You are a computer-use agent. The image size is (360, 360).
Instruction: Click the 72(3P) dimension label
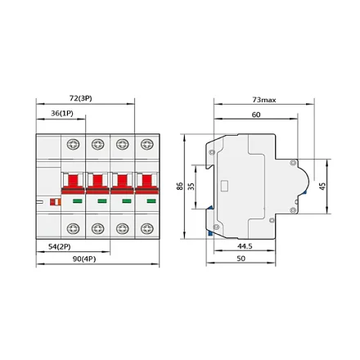80,98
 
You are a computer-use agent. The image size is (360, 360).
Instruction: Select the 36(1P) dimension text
62,113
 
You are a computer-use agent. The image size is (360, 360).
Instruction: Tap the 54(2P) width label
60,247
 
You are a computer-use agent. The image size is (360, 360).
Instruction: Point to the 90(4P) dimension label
84,259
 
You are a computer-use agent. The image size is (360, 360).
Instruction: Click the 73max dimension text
264,100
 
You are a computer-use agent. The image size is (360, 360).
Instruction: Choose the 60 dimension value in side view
256,115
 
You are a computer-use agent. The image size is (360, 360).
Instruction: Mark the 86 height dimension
180,187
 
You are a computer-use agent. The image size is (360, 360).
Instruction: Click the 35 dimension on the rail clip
191,187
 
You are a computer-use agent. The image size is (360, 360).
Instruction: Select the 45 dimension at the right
322,187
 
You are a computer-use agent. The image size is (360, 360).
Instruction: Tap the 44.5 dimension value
245,246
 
